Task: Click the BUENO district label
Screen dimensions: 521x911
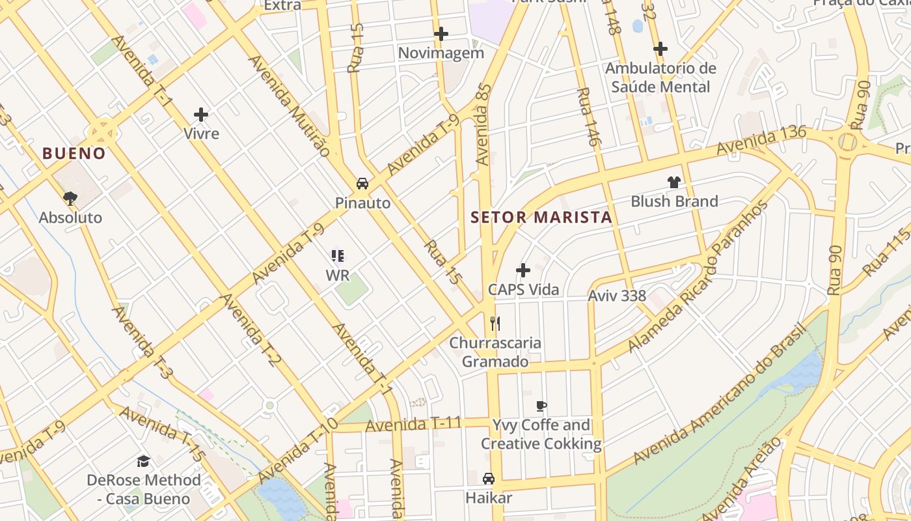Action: [74, 154]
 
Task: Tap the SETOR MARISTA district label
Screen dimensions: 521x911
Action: [541, 218]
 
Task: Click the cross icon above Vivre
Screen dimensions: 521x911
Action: [201, 115]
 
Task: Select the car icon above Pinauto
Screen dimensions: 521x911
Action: [362, 184]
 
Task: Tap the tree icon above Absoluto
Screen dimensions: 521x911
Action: [70, 198]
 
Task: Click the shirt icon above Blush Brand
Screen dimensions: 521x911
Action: [673, 182]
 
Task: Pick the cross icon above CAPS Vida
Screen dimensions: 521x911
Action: [523, 270]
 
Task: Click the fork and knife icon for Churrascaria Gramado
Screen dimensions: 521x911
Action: [495, 323]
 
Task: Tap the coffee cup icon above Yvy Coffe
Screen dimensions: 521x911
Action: [541, 406]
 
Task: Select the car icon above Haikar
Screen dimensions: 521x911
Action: [489, 479]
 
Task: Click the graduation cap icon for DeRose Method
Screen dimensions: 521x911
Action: [143, 461]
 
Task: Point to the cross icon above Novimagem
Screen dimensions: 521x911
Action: [441, 34]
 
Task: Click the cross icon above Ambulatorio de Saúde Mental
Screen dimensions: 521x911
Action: [660, 49]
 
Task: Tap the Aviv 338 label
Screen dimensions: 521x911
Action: [617, 296]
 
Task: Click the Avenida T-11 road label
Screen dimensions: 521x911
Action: [413, 425]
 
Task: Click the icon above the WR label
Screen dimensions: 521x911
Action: [337, 256]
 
